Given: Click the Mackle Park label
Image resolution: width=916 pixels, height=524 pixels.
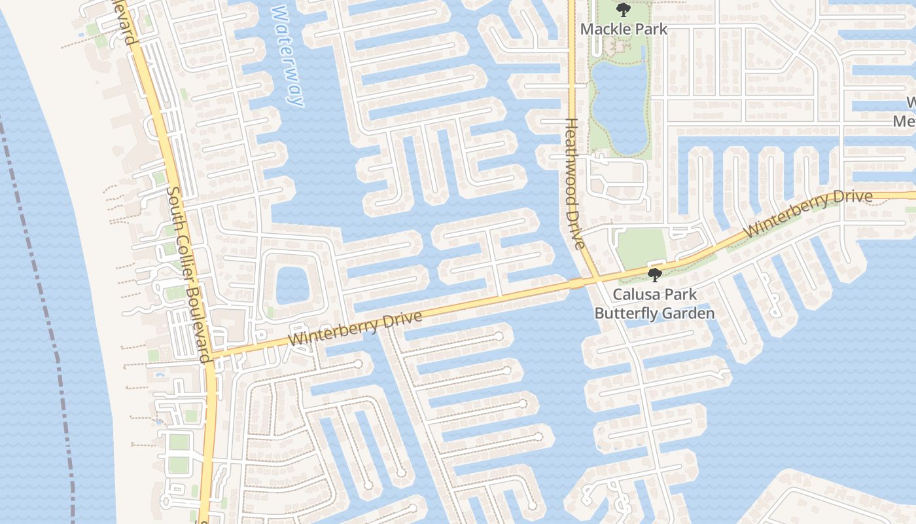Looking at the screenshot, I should coord(624,29).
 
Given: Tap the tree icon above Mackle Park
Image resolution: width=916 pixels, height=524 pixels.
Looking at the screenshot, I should coord(624,10).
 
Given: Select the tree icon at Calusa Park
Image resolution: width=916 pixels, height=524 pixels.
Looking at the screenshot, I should coord(654,275).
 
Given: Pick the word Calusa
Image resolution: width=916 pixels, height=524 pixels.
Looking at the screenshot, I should coord(635,295).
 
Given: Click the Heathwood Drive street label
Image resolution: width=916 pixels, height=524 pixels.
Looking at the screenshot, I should coord(574,184).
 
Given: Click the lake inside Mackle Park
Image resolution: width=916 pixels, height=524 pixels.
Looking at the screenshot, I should coord(620,105).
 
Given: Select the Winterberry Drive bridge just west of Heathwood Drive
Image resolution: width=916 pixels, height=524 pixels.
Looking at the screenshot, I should coord(576,283).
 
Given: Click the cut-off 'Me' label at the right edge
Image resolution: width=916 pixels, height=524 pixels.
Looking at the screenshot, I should coord(907,122).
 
